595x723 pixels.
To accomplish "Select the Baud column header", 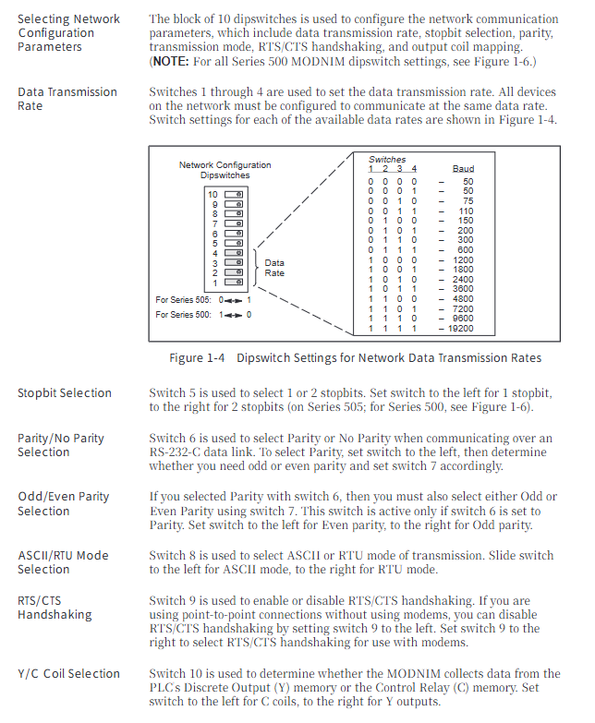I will pos(463,170).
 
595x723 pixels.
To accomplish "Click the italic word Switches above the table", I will pos(387,160).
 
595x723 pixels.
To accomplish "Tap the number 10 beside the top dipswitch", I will pos(212,195).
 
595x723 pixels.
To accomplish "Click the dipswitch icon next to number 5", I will pos(234,244).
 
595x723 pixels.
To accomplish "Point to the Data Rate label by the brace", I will pos(274,268).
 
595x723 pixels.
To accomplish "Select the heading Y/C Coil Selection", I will pos(68,674).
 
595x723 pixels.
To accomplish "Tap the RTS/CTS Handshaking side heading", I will pos(55,608).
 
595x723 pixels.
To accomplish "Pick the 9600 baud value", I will pos(463,319).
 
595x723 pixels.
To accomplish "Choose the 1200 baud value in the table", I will pos(463,260).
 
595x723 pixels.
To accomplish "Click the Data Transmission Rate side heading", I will pos(67,99).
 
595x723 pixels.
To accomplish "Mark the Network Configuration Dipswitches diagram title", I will pos(225,170).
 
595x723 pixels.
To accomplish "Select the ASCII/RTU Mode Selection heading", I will pos(63,562).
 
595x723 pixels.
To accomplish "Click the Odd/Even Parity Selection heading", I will pos(63,503).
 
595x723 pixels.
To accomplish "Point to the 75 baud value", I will pos(467,201).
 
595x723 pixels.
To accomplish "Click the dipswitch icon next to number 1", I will pos(234,283).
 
